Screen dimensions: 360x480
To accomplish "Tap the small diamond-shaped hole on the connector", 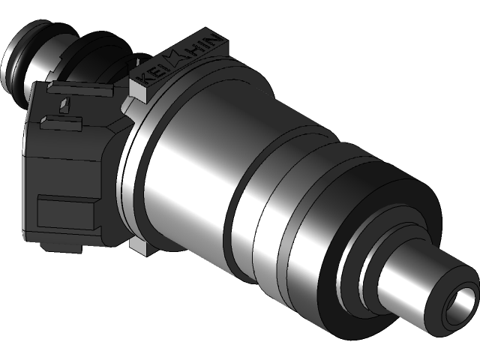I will pyautogui.click(x=65, y=103).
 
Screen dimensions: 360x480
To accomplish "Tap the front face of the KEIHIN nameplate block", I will pyautogui.click(x=139, y=90).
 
